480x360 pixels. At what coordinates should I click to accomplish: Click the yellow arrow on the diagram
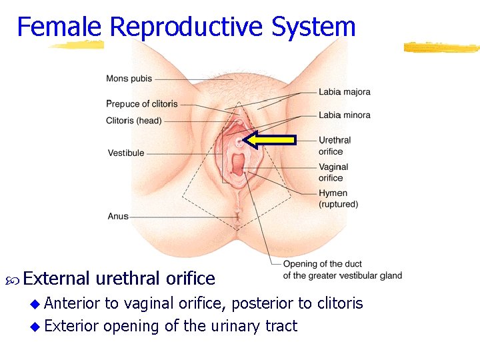coord(269,139)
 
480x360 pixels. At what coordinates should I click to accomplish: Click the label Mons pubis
coord(129,79)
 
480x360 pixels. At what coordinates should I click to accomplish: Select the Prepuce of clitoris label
coord(141,103)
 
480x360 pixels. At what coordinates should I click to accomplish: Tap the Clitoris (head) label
coord(133,121)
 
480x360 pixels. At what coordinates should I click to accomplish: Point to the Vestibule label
coord(126,153)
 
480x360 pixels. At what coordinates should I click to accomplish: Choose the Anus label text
coord(118,216)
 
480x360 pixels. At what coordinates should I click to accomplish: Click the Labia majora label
coord(344,92)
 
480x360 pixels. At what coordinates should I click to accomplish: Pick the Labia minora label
coord(344,115)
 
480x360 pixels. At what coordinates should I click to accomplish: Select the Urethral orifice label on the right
coord(334,145)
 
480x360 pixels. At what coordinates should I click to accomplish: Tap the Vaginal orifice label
coord(333,172)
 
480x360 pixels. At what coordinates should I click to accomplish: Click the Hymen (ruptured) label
coord(338,199)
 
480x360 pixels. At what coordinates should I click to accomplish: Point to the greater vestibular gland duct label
coord(342,270)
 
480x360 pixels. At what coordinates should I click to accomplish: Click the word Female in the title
coord(59,27)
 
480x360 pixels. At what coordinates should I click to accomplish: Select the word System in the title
coord(313,27)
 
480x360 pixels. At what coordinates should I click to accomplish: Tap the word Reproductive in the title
coord(186,27)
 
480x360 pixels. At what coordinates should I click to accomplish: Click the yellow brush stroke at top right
coord(441,47)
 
